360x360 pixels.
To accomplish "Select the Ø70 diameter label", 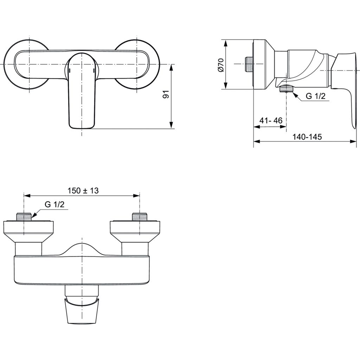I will point(220,65).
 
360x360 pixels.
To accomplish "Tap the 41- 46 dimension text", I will point(271,120).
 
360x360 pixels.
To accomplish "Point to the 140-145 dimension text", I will point(307,137).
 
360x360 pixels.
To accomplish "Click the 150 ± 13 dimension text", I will point(83,190).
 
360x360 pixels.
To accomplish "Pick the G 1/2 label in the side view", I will point(315,96).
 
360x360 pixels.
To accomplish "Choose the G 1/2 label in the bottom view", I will point(54,205).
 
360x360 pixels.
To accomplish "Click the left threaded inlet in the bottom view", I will point(24,216).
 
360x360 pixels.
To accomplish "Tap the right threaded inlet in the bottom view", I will point(140,216).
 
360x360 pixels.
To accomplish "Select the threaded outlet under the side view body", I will point(286,89).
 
